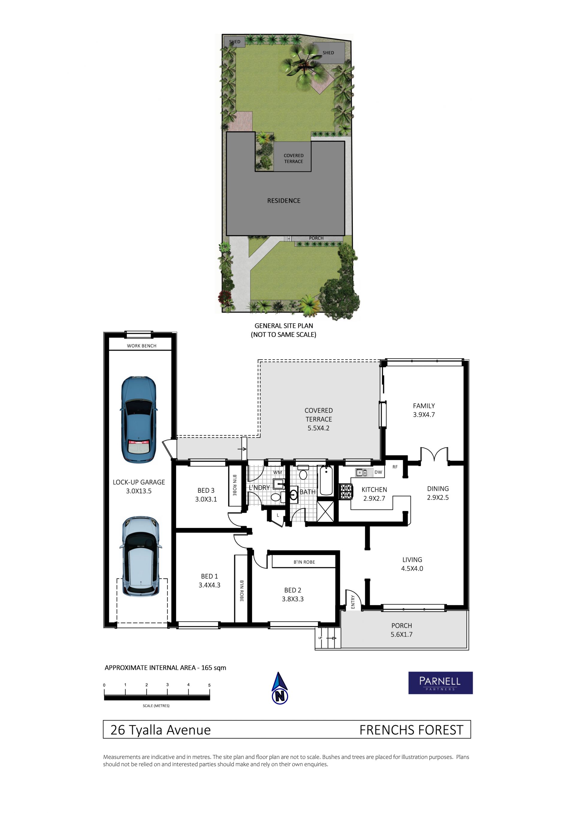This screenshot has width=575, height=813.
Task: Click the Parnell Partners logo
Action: point(440,683)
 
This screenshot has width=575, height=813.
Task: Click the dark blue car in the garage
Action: point(139,420)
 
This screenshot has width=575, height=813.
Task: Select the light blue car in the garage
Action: point(141,557)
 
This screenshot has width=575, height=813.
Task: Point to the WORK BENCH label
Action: point(142,346)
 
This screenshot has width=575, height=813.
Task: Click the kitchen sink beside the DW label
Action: point(362,472)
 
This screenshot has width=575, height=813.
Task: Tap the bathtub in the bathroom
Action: point(326,480)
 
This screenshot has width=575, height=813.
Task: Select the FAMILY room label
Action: point(424,406)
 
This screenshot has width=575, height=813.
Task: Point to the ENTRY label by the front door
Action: point(353,602)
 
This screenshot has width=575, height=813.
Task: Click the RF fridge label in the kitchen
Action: point(395,467)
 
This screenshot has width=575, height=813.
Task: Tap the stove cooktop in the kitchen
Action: point(346,492)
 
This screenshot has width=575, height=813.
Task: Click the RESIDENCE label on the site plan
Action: point(284,201)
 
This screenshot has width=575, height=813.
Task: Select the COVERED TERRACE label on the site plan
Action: point(294,158)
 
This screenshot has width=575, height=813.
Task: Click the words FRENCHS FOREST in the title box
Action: point(411,730)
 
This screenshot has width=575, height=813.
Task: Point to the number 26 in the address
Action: point(118,730)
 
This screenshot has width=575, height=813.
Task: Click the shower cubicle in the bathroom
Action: point(325,511)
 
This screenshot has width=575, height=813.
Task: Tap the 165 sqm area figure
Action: point(214,668)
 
